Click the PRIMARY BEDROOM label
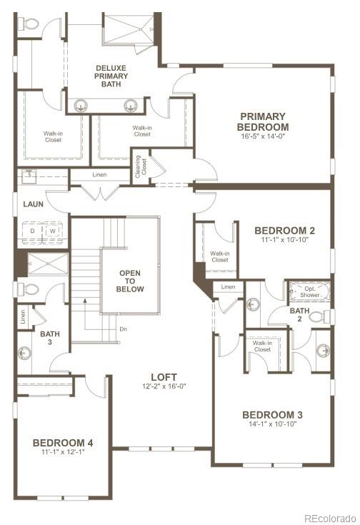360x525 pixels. point(262,121)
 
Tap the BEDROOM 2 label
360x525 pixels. point(284,231)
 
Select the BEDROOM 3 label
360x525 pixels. point(272,415)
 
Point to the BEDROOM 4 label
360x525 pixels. point(63,443)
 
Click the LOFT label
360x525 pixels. point(164,377)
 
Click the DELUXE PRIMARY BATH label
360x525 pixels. point(111,76)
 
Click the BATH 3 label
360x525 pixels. point(50,338)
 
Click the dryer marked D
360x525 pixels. point(33,231)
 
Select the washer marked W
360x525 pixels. point(52,231)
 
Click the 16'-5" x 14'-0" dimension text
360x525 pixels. point(262,136)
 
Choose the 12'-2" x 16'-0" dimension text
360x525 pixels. point(164,387)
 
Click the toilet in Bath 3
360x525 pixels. point(30,289)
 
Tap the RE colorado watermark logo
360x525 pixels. point(328,518)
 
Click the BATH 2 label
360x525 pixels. point(299,314)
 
